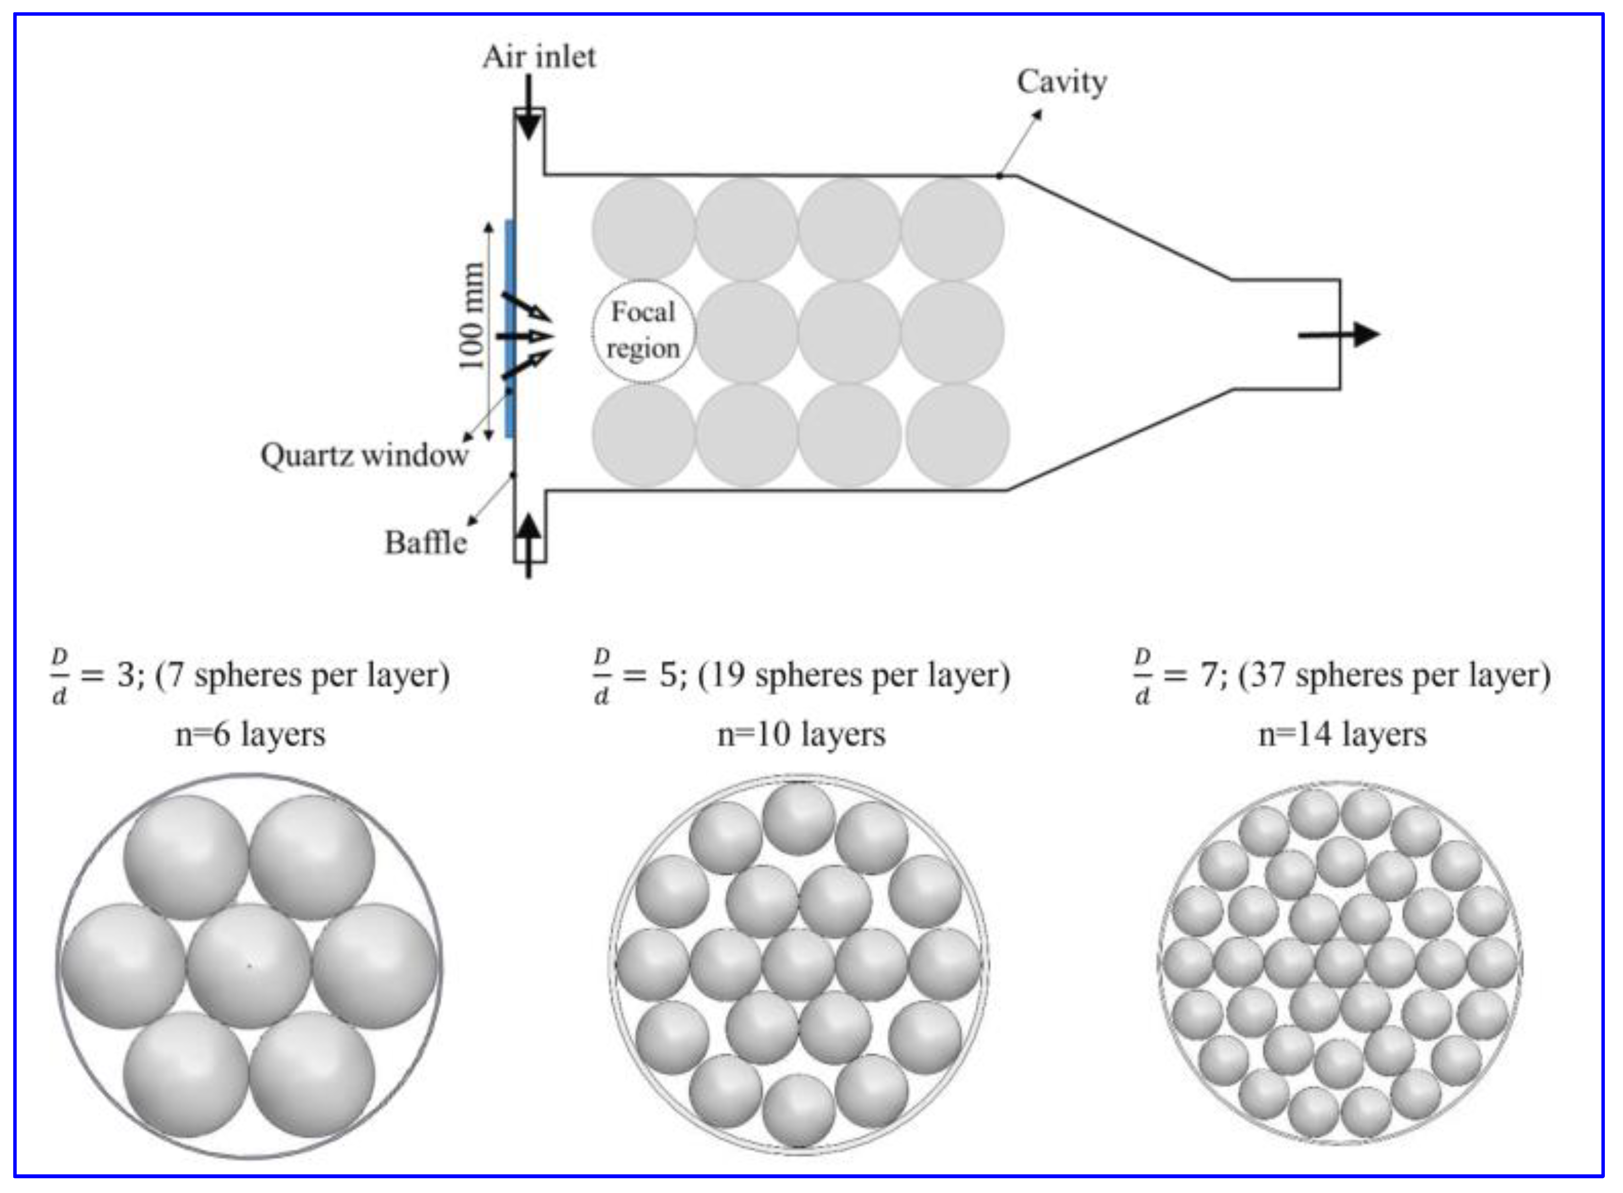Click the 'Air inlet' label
click(x=539, y=57)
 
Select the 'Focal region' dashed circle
click(x=643, y=331)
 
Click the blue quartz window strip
click(x=510, y=329)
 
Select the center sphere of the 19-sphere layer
click(x=799, y=965)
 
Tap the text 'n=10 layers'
click(x=801, y=735)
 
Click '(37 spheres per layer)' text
click(x=1394, y=676)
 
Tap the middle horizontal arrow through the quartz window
click(x=524, y=336)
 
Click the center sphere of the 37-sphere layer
click(x=1340, y=963)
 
